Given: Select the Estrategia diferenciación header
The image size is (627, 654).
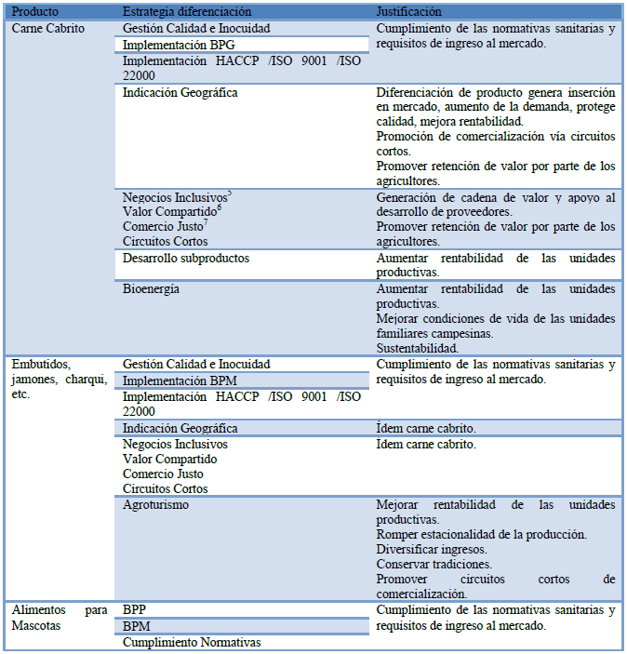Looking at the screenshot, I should tap(187, 11).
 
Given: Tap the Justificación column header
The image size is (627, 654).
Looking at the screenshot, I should tap(408, 11).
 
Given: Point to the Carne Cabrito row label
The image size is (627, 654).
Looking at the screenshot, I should tap(47, 28).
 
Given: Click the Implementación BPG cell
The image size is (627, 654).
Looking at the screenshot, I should tap(179, 44).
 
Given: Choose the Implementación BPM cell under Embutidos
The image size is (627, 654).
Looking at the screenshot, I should tap(180, 380).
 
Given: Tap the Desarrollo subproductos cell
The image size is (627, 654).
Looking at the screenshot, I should tap(186, 258).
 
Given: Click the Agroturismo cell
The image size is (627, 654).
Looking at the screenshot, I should tap(155, 504).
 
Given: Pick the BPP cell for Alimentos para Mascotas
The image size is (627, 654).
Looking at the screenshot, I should tap(135, 609).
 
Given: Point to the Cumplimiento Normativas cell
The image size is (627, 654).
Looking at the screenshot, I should tap(192, 642).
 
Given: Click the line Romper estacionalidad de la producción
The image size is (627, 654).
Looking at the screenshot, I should tap(481, 534).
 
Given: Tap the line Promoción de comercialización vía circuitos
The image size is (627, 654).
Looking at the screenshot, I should tap(496, 137).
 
